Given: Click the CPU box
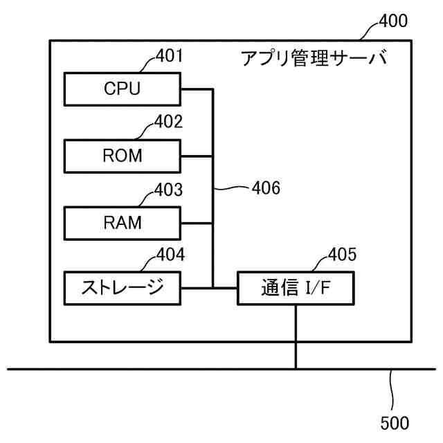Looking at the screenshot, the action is point(123,89).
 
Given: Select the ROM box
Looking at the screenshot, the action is point(123,156).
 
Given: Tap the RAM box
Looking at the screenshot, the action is point(123,223).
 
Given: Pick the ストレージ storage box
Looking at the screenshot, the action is point(123,288).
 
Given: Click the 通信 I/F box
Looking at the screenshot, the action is point(296,288).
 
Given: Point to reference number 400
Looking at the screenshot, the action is point(393,21).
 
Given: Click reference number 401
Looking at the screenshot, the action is point(169,55).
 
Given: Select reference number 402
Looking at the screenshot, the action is point(168,122).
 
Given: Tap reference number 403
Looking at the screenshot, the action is point(168,189).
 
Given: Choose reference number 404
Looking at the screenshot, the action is point(171,255).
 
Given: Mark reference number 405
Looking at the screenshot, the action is point(342,255).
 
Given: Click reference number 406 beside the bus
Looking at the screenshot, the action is point(266,188).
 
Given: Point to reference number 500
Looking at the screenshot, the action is point(395,423).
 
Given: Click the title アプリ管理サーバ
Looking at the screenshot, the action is point(314,58).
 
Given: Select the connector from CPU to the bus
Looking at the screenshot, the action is point(197,89).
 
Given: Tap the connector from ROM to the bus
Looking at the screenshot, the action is point(197,156).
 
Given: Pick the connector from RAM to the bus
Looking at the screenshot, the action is point(197,223).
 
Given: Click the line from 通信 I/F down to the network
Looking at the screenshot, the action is point(296,337).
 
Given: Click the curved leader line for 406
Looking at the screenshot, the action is point(232,188).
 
